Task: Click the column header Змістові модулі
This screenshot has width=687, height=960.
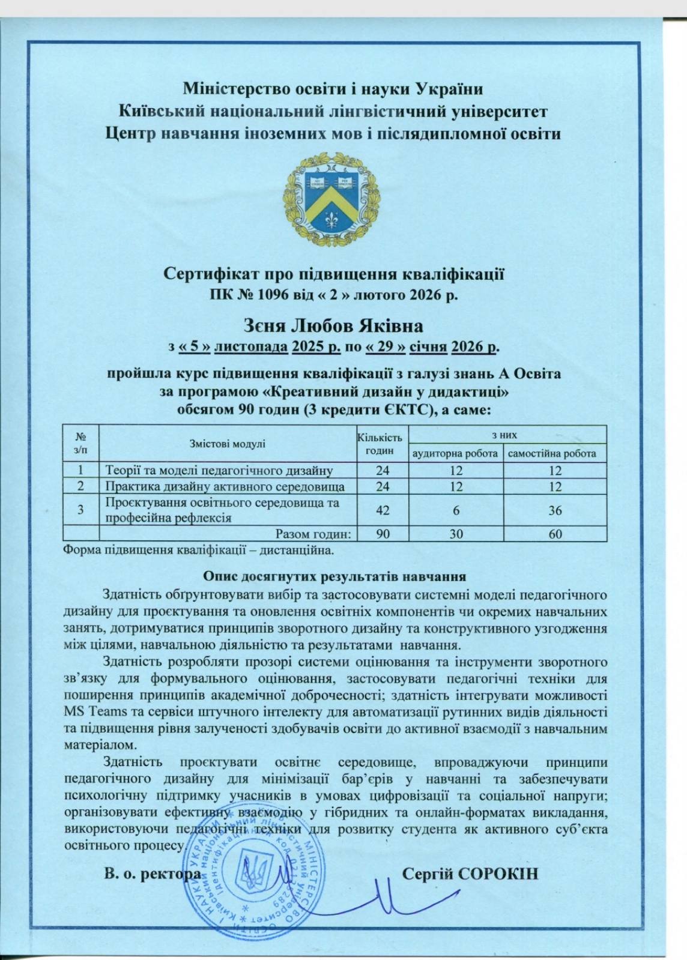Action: point(227,444)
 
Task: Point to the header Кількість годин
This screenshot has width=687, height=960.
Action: point(380,444)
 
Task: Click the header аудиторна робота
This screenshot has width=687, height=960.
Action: point(454,453)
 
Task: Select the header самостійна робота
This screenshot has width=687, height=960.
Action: point(552,453)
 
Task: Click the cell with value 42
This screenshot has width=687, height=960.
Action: point(382,510)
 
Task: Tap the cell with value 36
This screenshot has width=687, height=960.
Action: point(555,510)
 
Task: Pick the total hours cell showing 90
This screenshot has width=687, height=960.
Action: point(382,533)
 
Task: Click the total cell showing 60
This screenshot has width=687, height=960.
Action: point(555,533)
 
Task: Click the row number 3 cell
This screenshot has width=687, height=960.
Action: point(80,510)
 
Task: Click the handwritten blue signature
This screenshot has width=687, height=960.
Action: point(384,901)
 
